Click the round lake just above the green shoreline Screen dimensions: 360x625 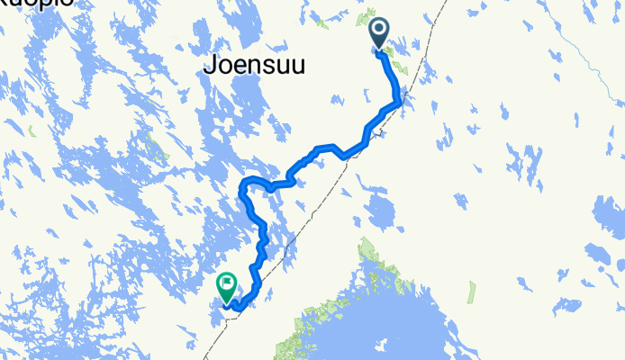click(381, 213)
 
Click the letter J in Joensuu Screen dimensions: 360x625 click(210, 65)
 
